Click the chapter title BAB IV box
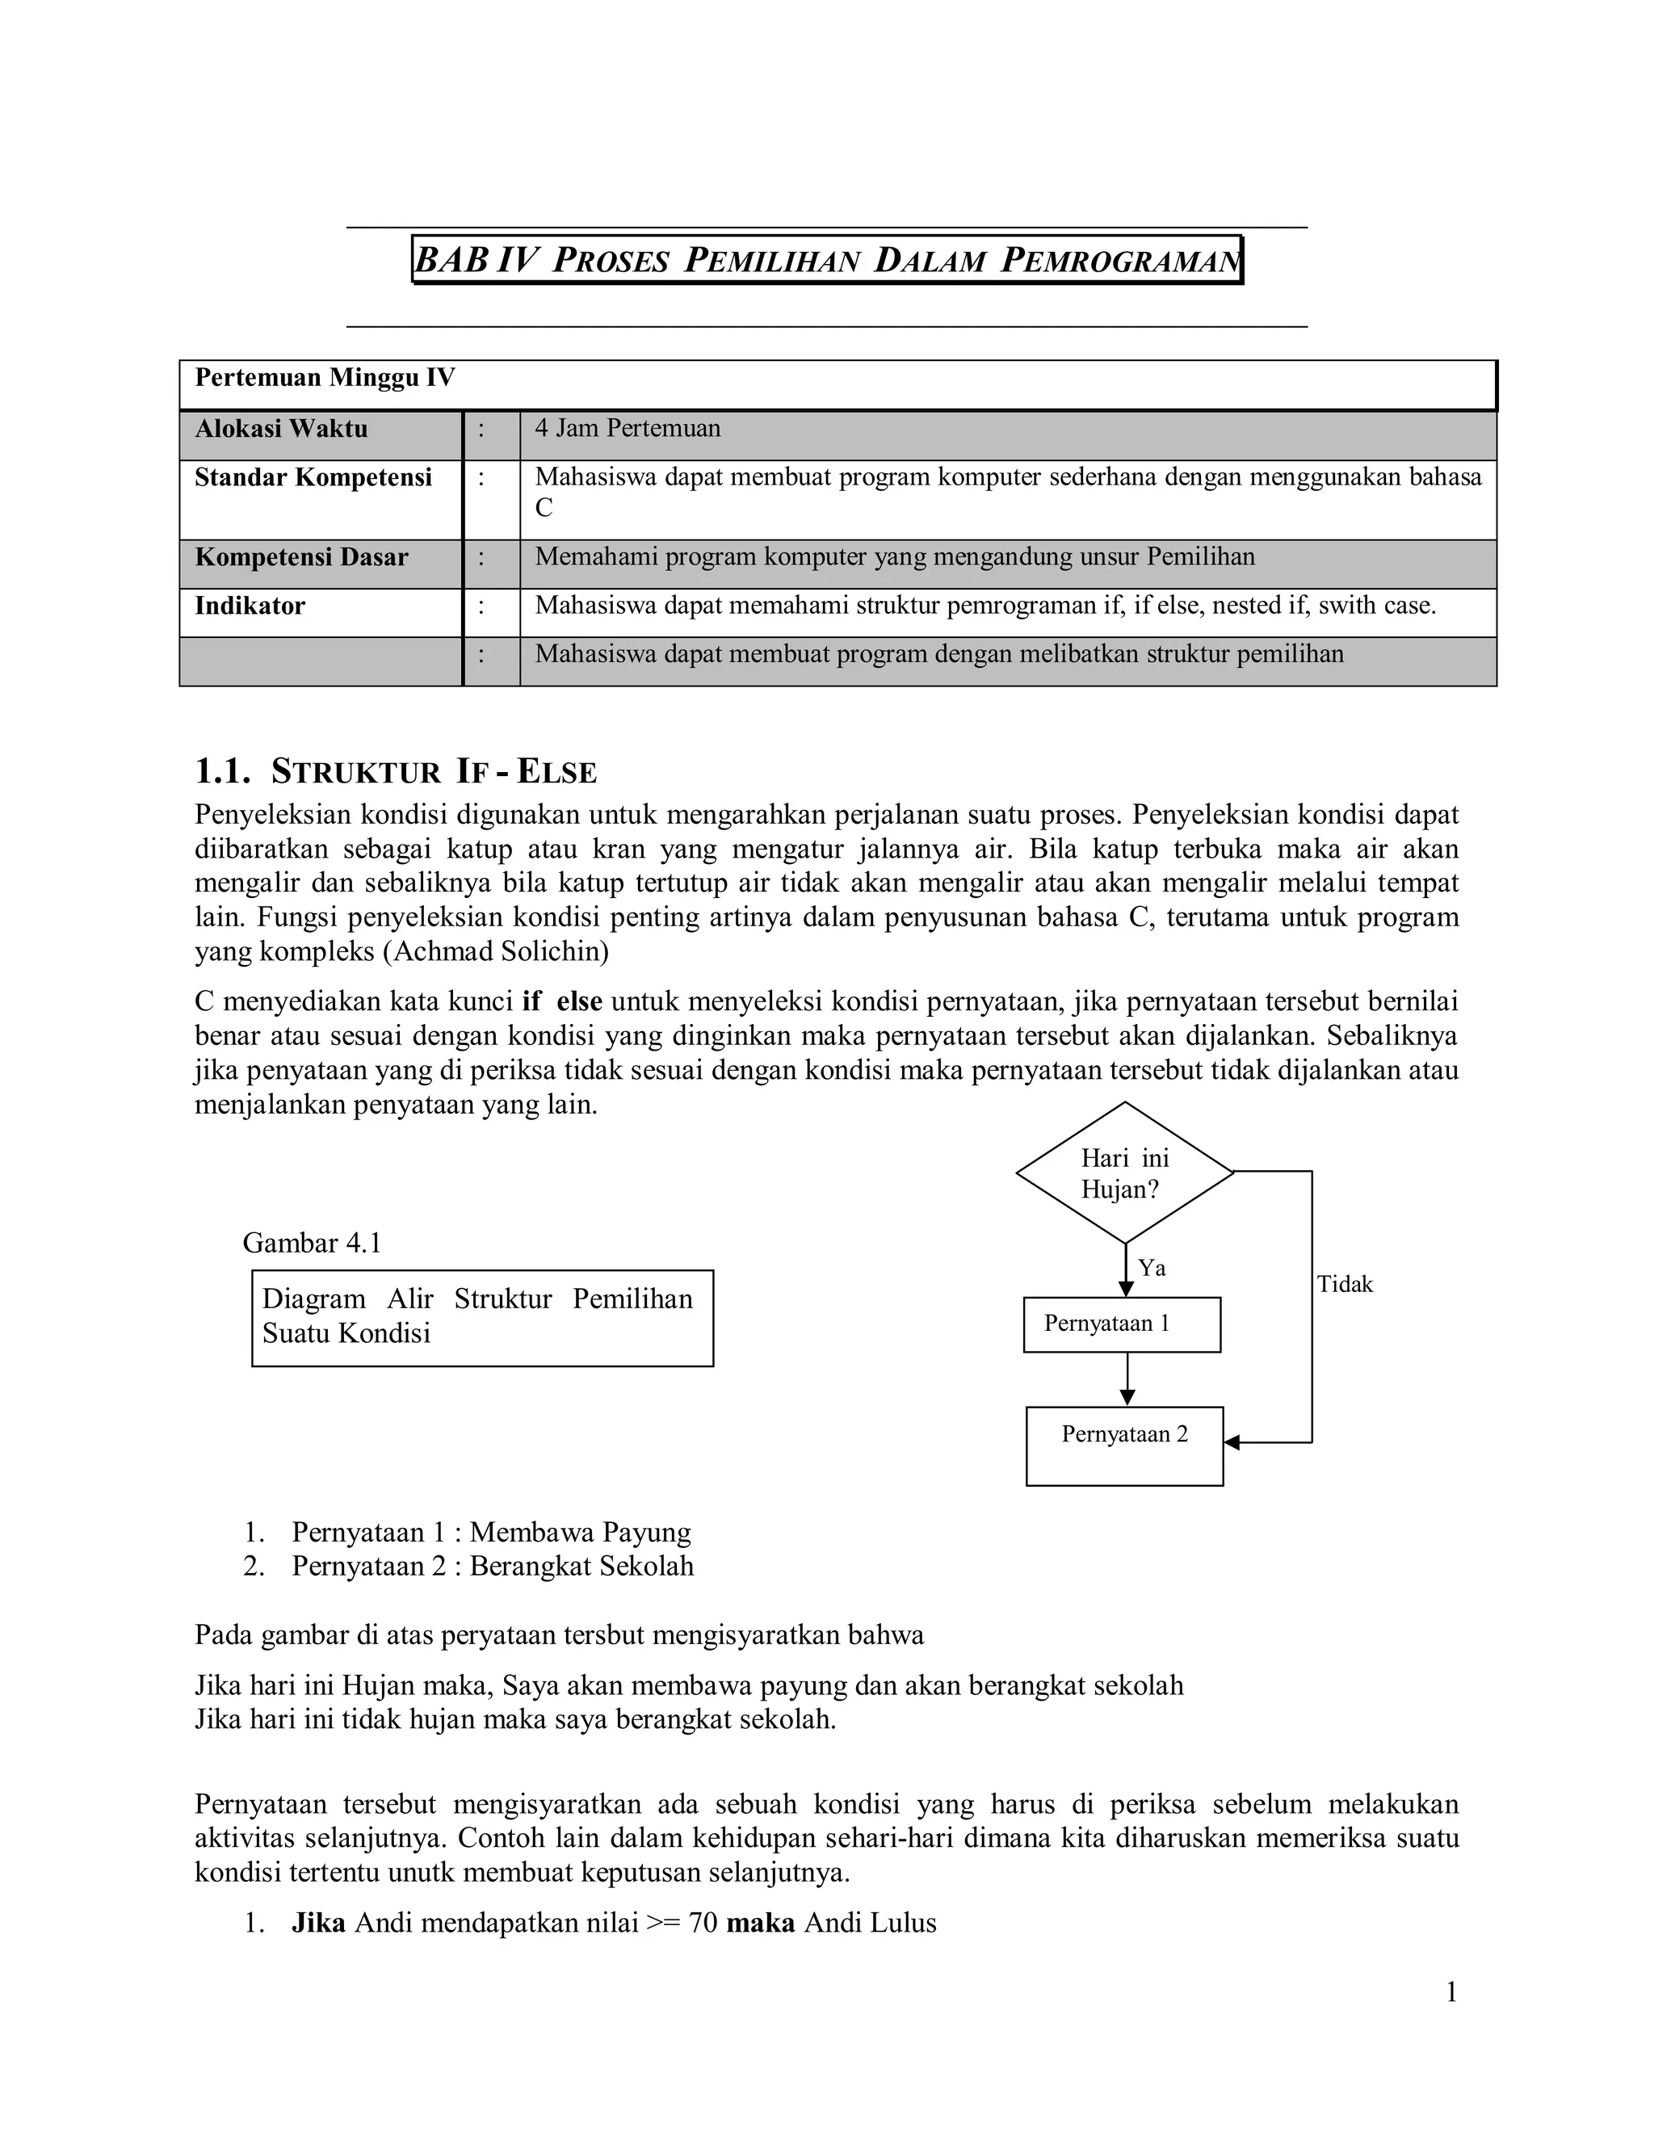(x=827, y=260)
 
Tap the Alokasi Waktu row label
(x=281, y=429)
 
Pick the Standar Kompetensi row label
(x=313, y=478)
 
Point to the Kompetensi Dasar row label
(x=300, y=557)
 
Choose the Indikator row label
(x=250, y=606)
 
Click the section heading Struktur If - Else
(x=396, y=772)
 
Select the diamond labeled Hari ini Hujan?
(x=1124, y=1173)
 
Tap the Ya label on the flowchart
(x=1152, y=1268)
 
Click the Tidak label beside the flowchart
(x=1345, y=1285)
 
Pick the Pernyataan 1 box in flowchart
(x=1121, y=1324)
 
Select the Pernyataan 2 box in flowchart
(x=1124, y=1446)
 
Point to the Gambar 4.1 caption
(x=312, y=1244)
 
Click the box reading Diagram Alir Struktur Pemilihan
(x=482, y=1317)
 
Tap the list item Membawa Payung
(x=580, y=1533)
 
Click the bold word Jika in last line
(x=318, y=1924)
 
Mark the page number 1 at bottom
(x=1451, y=1993)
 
